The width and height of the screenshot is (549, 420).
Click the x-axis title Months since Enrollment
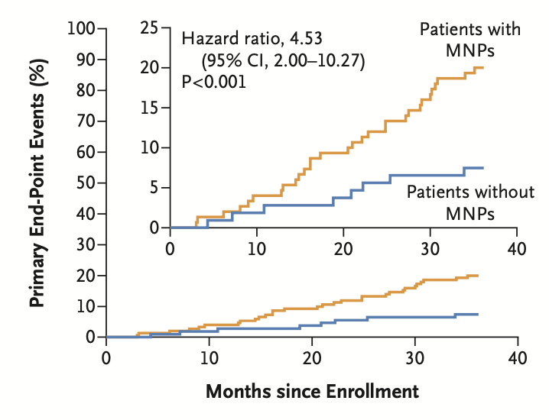point(312,392)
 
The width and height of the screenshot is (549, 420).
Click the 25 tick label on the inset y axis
point(151,29)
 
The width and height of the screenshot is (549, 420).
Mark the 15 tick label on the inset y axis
point(151,108)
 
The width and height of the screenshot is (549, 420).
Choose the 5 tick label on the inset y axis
point(154,187)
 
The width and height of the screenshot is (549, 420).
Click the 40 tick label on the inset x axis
point(517,248)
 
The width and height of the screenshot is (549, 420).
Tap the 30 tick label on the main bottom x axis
point(414,357)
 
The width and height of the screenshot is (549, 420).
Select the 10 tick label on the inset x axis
point(257,248)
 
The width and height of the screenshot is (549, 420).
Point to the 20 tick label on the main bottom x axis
point(312,357)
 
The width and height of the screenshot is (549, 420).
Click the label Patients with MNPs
point(470,40)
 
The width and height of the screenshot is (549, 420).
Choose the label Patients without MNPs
point(470,202)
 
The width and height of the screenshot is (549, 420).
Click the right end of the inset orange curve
point(482,67)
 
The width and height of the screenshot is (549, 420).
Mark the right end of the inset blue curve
point(482,167)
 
